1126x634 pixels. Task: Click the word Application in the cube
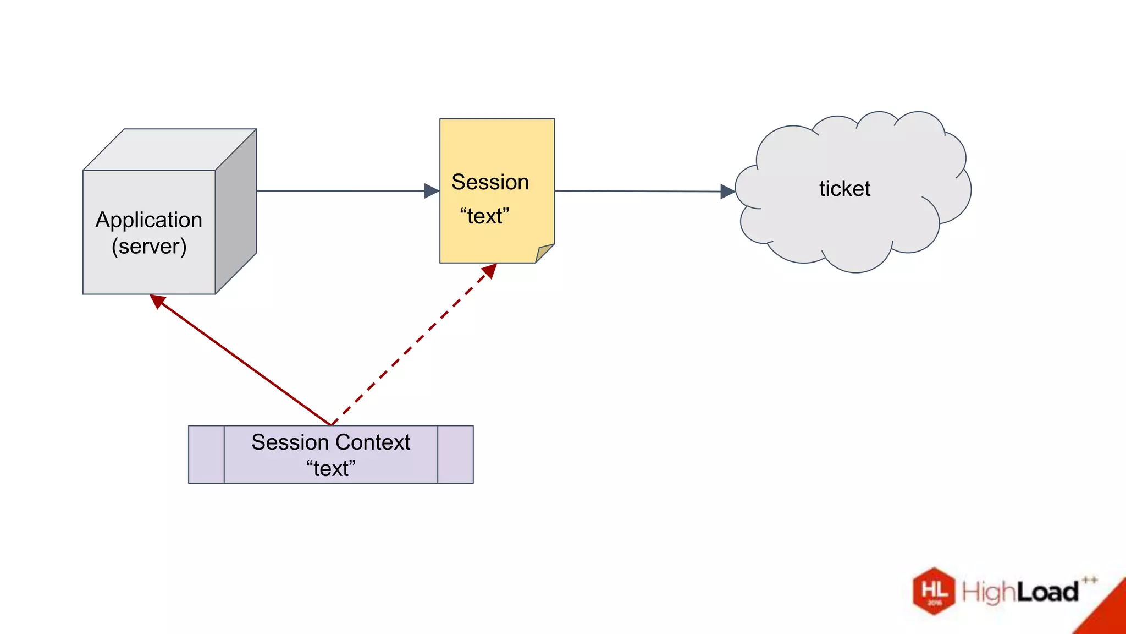click(x=148, y=220)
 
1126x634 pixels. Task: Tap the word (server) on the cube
click(x=149, y=246)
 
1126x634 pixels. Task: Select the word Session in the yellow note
click(x=490, y=182)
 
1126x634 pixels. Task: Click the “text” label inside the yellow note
click(x=484, y=216)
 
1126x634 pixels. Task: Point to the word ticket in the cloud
click(x=844, y=189)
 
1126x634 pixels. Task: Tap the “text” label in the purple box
click(x=330, y=468)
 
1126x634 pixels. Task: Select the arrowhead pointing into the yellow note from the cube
click(x=432, y=191)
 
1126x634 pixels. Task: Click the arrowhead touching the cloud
click(x=727, y=192)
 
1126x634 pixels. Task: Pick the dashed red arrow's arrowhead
click(x=489, y=271)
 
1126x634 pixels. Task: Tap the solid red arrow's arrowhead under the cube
click(x=158, y=301)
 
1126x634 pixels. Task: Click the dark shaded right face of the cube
click(x=236, y=212)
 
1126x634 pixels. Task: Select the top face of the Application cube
click(x=169, y=149)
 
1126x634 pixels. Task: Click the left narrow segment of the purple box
click(x=206, y=455)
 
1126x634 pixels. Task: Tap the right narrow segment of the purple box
click(x=455, y=455)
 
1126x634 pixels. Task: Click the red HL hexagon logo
click(x=934, y=591)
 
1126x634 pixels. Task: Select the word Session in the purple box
click(x=290, y=442)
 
